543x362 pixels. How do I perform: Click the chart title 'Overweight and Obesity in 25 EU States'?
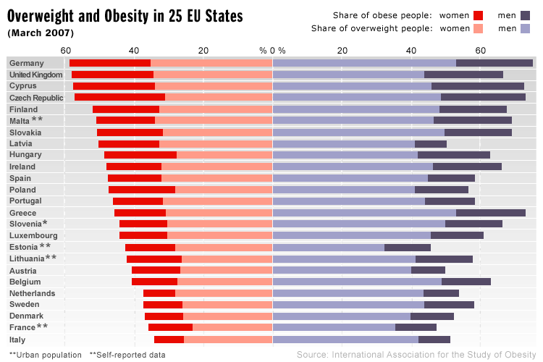pos(125,16)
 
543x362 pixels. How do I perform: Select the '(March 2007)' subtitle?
pos(41,33)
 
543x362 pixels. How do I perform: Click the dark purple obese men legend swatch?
pos(525,15)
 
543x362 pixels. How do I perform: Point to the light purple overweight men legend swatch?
pos(525,29)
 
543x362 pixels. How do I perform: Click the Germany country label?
pos(27,63)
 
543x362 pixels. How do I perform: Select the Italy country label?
pos(18,340)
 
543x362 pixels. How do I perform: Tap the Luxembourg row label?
pos(33,235)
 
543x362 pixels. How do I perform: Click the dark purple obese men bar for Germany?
pos(494,63)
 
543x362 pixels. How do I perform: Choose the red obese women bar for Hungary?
pos(140,155)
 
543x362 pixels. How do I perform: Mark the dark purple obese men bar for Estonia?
pos(408,248)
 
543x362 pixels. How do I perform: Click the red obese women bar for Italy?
pos(169,340)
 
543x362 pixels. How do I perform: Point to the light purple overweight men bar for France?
pos(334,328)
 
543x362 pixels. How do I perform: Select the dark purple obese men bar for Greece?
pos(491,213)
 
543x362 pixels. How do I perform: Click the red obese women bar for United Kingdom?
pos(112,75)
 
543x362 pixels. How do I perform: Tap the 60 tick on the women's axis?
pos(66,50)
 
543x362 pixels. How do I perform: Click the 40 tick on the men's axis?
pos(411,50)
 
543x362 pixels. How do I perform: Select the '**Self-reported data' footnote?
pos(127,355)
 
